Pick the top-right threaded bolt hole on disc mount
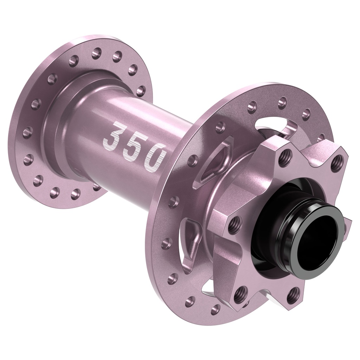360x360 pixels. [337, 162]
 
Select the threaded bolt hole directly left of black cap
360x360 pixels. [235, 225]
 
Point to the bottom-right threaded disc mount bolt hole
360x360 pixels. [292, 295]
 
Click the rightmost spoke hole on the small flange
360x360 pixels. [140, 91]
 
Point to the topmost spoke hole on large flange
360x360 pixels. [282, 103]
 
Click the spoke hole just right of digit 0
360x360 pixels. [193, 160]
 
